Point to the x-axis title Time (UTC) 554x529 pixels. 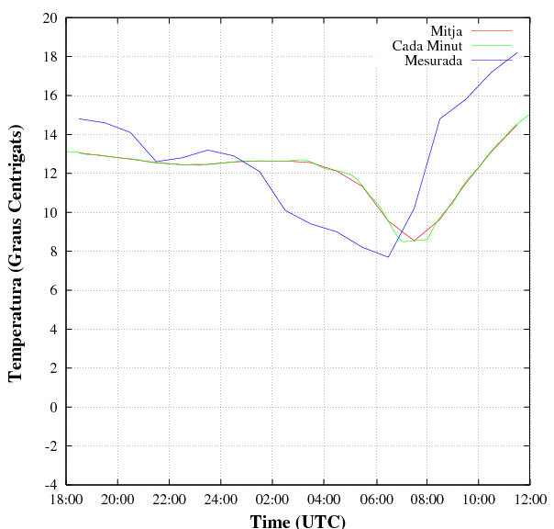[x=298, y=521]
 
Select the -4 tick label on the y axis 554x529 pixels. [x=50, y=484]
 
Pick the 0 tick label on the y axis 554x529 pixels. [x=53, y=407]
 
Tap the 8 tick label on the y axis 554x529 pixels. [x=53, y=251]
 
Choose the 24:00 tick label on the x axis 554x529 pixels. [x=221, y=500]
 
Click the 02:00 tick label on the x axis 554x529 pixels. [x=272, y=500]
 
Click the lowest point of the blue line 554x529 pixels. [x=388, y=257]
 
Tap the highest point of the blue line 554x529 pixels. [x=517, y=52]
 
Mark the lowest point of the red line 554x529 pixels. [x=415, y=241]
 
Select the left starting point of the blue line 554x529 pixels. [x=79, y=118]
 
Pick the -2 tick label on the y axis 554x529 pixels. [x=50, y=445]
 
